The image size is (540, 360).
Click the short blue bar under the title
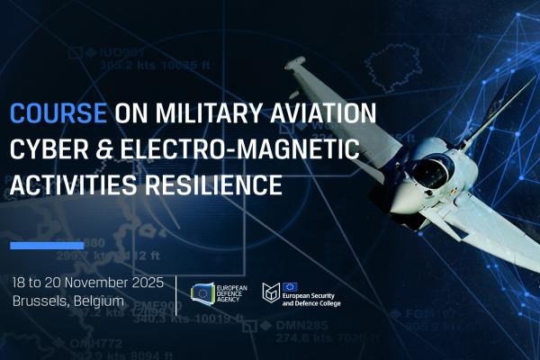[47, 245]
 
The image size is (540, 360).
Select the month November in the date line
[94, 282]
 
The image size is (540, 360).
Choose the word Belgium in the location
[99, 301]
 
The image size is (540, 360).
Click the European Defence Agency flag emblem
[204, 292]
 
